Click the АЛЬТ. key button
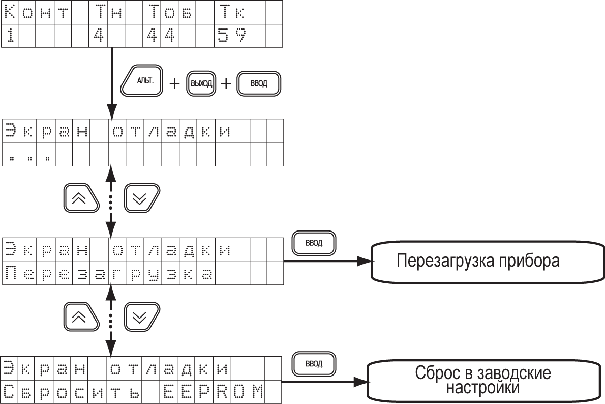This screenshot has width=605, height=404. pos(142,80)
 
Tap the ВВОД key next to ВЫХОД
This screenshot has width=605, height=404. pos(258,83)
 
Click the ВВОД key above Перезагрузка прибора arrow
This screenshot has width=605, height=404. pos(314,243)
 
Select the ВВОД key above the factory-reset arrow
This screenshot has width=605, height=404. pos(314,363)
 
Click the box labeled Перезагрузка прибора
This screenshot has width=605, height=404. pos(488,262)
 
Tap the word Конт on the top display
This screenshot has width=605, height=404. pos(36,13)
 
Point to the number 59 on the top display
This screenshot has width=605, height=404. pos(232,36)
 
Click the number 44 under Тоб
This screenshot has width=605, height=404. pos(161,36)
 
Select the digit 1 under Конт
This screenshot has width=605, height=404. pos(10,36)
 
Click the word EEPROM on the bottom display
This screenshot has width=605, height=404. pos(214,392)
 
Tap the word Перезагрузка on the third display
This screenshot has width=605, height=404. pos(108,274)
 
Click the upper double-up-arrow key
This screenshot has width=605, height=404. pos(81,198)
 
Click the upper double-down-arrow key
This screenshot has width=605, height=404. pos(141,198)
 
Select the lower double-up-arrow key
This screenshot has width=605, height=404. pos(81,316)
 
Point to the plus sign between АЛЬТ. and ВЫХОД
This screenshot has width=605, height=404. pos(174,83)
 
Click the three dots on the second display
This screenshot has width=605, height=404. pos(29,158)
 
